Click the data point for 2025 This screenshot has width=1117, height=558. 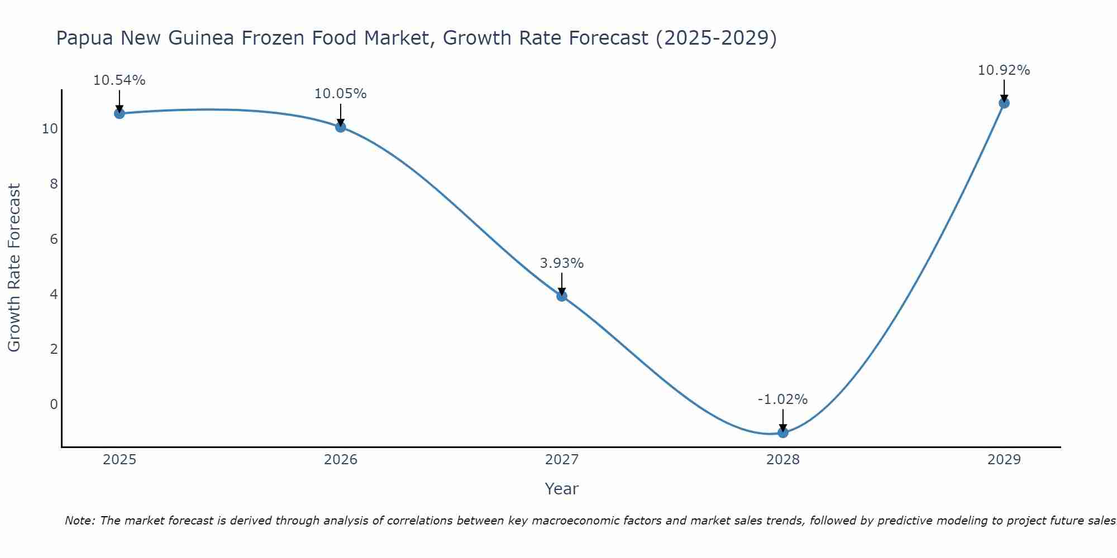pos(120,113)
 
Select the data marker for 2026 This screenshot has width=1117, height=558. pos(341,127)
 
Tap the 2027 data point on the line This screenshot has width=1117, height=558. pos(562,296)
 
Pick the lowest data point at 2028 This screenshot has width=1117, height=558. pos(783,432)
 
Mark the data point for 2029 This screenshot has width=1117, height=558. pos(1004,103)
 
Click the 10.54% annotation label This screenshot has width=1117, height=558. pos(120,80)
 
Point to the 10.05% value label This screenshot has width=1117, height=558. pos(341,94)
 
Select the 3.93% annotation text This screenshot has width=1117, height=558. pos(562,263)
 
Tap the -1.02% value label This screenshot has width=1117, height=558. pos(783,400)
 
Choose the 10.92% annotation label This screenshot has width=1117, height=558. pos(1004,70)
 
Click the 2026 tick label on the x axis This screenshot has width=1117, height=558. pos(341,460)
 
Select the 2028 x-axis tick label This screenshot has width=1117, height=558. pos(783,460)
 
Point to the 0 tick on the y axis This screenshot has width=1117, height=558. pos(54,404)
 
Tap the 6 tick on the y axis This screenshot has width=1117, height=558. pos(54,239)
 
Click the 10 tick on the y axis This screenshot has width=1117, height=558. pos(50,129)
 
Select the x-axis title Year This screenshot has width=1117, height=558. pos(562,489)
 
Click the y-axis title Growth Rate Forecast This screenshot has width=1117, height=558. pos(14,268)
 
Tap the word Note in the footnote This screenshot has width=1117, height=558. pos(79,521)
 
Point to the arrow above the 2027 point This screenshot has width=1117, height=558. pos(562,283)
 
